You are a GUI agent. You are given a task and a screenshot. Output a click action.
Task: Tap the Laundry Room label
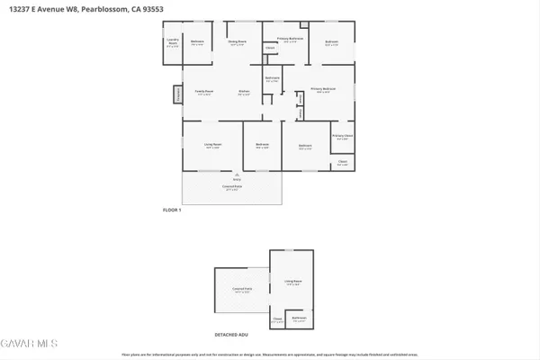(173, 41)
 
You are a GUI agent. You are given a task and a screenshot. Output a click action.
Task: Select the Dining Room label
(237, 42)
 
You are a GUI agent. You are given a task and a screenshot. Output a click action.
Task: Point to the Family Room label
(204, 92)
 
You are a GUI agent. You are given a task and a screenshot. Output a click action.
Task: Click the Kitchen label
(244, 92)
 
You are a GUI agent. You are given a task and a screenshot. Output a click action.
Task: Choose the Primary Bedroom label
(323, 89)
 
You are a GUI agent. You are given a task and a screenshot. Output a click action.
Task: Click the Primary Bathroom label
(289, 40)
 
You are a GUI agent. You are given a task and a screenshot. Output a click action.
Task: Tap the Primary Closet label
(342, 137)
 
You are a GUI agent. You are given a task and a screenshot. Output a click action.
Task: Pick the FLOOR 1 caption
(171, 210)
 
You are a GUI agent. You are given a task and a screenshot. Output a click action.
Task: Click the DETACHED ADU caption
(230, 334)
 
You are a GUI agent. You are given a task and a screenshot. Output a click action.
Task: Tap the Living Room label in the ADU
(293, 283)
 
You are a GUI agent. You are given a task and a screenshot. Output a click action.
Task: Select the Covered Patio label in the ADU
(239, 291)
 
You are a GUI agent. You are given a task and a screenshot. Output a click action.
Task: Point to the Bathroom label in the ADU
(299, 319)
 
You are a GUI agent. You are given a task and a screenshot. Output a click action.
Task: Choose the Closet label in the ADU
(278, 319)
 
